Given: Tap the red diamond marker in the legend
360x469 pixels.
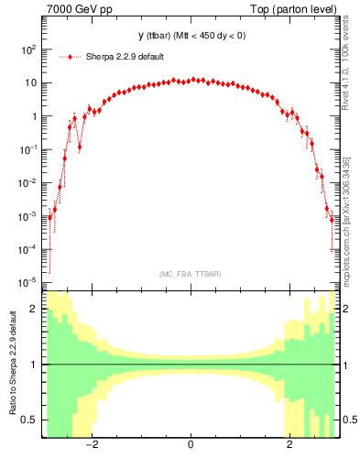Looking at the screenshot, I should tap(63, 56).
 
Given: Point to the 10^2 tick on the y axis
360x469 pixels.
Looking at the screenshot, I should tap(27, 50).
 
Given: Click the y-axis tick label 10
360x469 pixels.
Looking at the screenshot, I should tap(29, 83).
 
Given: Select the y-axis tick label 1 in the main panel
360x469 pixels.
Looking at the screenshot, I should tap(33, 116).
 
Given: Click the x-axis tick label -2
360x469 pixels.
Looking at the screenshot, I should tap(91, 446).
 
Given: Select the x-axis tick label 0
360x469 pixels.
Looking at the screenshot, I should tap(190, 446).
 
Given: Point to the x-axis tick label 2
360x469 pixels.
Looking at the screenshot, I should tap(289, 446).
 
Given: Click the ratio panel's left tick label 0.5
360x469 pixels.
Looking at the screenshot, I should tap(29, 420).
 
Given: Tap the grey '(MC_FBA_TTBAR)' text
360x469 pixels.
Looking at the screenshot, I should tap(191, 274).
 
